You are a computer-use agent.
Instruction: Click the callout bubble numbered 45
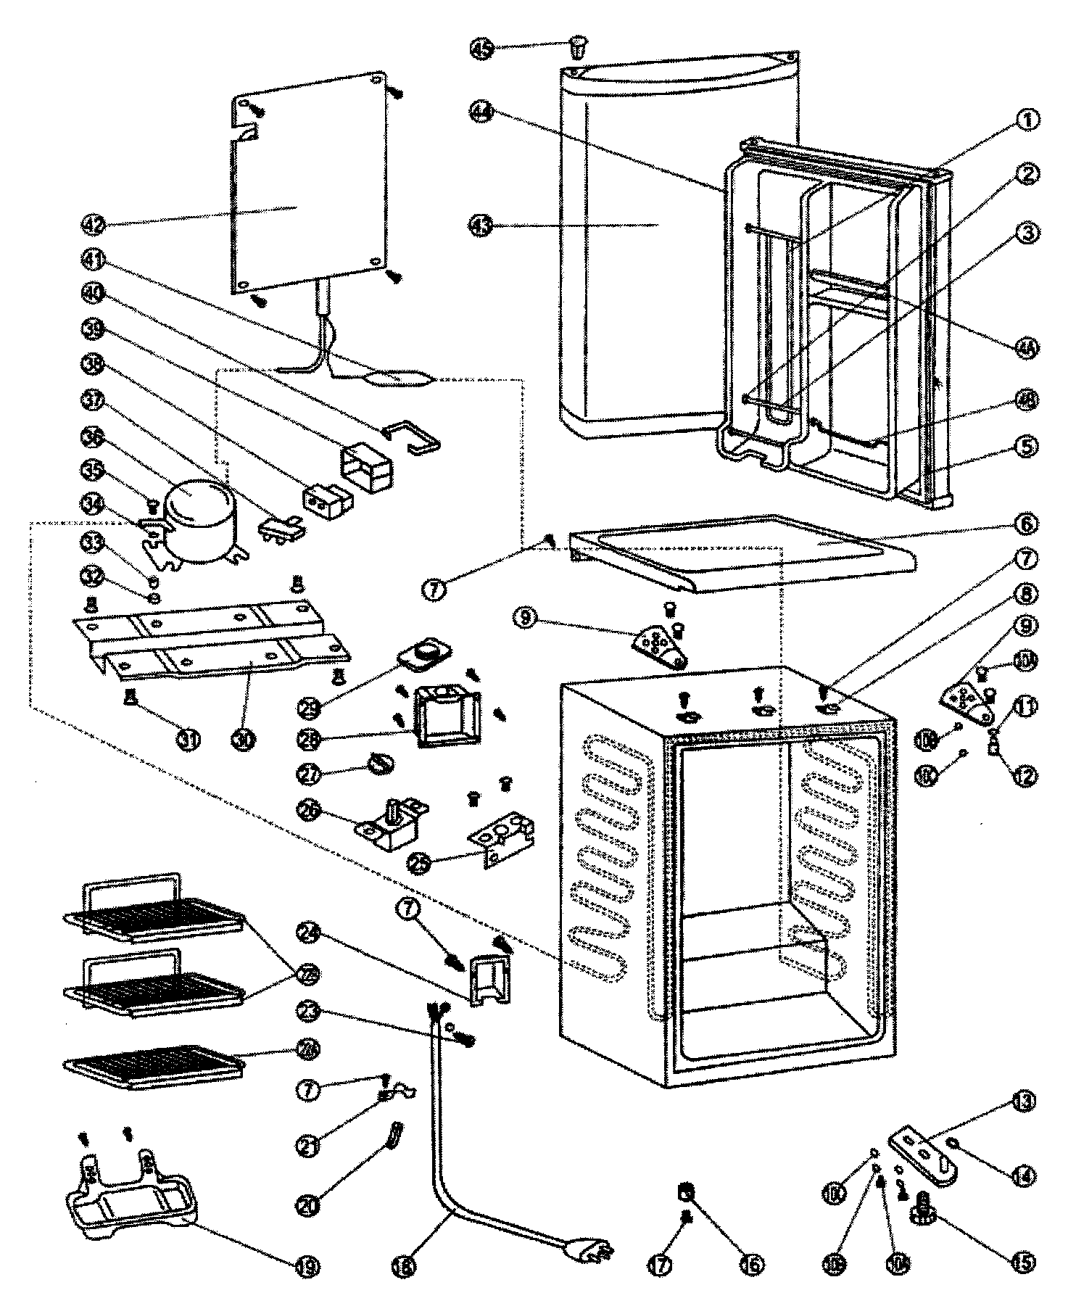(x=482, y=49)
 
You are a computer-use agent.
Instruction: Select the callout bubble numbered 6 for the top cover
(x=1027, y=524)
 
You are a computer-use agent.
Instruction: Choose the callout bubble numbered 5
(x=1027, y=446)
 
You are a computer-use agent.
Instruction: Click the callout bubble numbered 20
(x=310, y=1205)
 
